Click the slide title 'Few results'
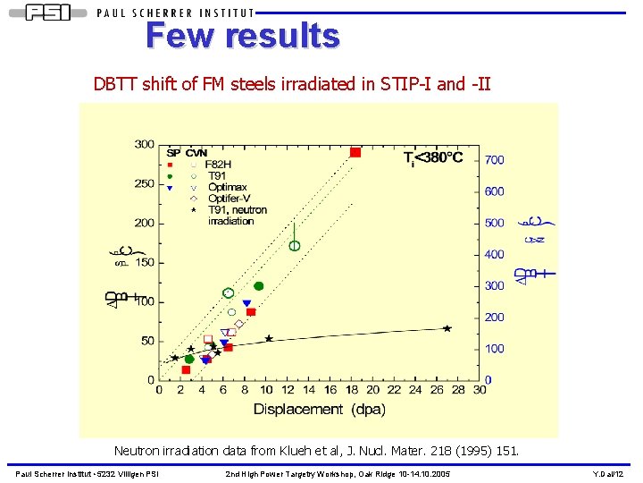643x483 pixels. pyautogui.click(x=243, y=36)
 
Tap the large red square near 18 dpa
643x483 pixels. pyautogui.click(x=355, y=152)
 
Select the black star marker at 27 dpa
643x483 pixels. pyautogui.click(x=447, y=328)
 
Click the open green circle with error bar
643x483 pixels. pyautogui.click(x=295, y=245)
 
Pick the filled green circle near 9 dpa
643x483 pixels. pyautogui.click(x=259, y=286)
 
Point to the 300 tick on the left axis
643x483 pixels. pyautogui.click(x=143, y=144)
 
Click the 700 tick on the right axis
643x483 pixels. pyautogui.click(x=494, y=160)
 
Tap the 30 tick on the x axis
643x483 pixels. pyautogui.click(x=480, y=389)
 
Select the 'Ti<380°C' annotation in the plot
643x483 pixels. pyautogui.click(x=432, y=157)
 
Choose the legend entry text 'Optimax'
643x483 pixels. pyautogui.click(x=228, y=187)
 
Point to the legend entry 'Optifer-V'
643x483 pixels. pyautogui.click(x=230, y=198)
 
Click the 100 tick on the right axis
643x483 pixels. pyautogui.click(x=494, y=349)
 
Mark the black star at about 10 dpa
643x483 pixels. pyautogui.click(x=269, y=338)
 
